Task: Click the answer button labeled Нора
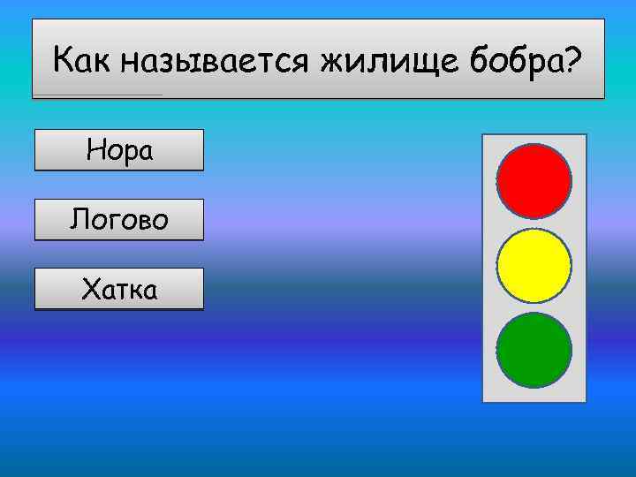[118, 150]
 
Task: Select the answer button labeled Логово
[118, 219]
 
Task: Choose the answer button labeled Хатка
[118, 289]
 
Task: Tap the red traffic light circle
[534, 181]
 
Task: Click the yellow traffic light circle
[534, 265]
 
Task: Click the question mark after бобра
[573, 60]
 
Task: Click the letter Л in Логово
[79, 219]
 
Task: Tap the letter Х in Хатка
[89, 288]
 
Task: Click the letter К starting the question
[63, 61]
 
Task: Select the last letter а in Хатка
[150, 290]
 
